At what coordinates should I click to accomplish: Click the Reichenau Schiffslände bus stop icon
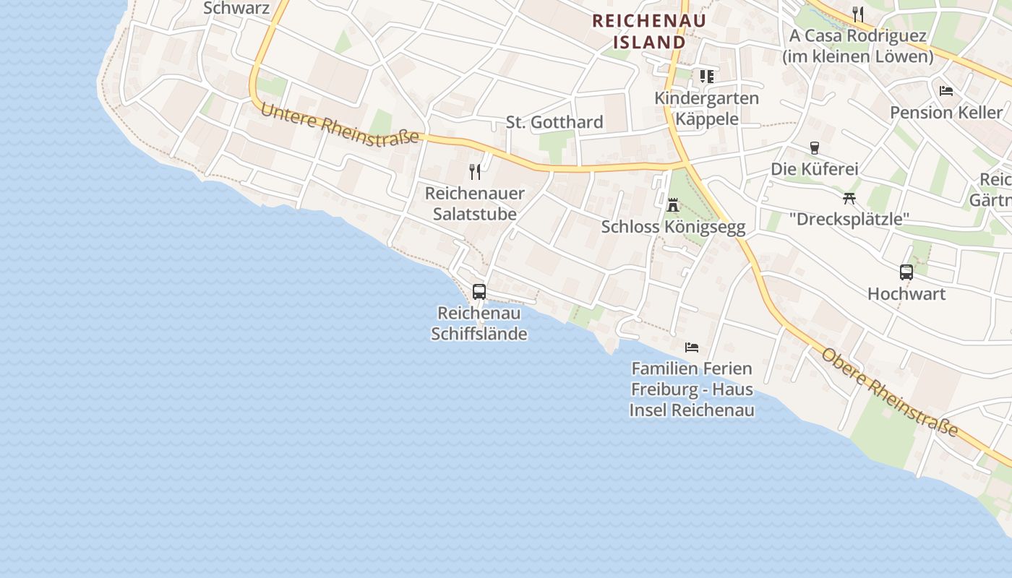pyautogui.click(x=479, y=292)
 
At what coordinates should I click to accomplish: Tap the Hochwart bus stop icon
pyautogui.click(x=906, y=272)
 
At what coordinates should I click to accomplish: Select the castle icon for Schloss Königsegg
pyautogui.click(x=673, y=205)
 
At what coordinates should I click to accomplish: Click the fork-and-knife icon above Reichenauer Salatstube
pyautogui.click(x=475, y=172)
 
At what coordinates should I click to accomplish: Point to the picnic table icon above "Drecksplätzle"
pyautogui.click(x=849, y=198)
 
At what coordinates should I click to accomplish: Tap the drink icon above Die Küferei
pyautogui.click(x=815, y=148)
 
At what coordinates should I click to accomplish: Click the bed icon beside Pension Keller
pyautogui.click(x=945, y=91)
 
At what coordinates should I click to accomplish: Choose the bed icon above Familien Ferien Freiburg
pyautogui.click(x=692, y=348)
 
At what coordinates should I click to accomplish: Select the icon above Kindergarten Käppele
pyautogui.click(x=706, y=76)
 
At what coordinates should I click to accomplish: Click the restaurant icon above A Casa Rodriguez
pyautogui.click(x=858, y=14)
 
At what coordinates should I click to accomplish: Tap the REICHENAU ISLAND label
pyautogui.click(x=648, y=31)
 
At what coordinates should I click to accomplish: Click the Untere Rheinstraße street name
pyautogui.click(x=339, y=125)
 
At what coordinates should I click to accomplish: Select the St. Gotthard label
pyautogui.click(x=554, y=122)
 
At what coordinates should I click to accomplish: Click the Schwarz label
pyautogui.click(x=236, y=9)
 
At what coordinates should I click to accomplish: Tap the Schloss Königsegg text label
pyautogui.click(x=673, y=227)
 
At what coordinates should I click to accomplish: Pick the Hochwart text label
pyautogui.click(x=906, y=294)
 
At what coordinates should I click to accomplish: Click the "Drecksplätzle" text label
pyautogui.click(x=849, y=219)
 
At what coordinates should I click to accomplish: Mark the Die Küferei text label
pyautogui.click(x=815, y=169)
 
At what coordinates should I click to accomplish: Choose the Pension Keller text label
pyautogui.click(x=946, y=113)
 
